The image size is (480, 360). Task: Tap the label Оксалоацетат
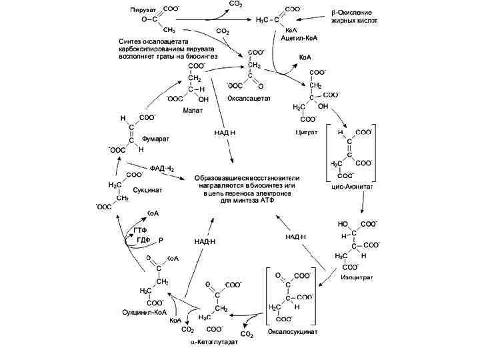point(249,98)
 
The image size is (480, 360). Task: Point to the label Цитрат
point(306,133)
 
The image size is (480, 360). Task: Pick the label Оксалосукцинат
point(293,331)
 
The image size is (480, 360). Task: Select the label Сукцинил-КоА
point(143,311)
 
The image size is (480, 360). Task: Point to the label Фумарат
point(155,139)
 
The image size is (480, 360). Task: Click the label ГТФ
point(141,230)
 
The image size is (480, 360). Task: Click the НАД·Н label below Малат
point(225,132)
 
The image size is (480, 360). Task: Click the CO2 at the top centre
point(235,5)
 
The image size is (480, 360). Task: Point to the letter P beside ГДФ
point(160,240)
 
